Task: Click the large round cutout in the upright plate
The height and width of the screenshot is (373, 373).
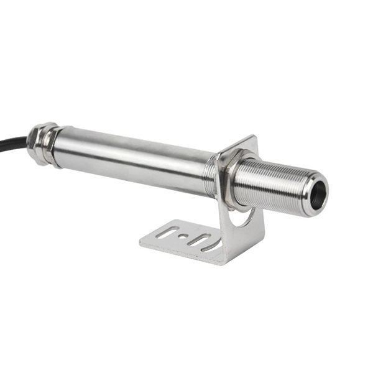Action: click(244, 218)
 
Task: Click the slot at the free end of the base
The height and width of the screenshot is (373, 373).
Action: click(163, 234)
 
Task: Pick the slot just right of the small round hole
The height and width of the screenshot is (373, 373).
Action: click(198, 239)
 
